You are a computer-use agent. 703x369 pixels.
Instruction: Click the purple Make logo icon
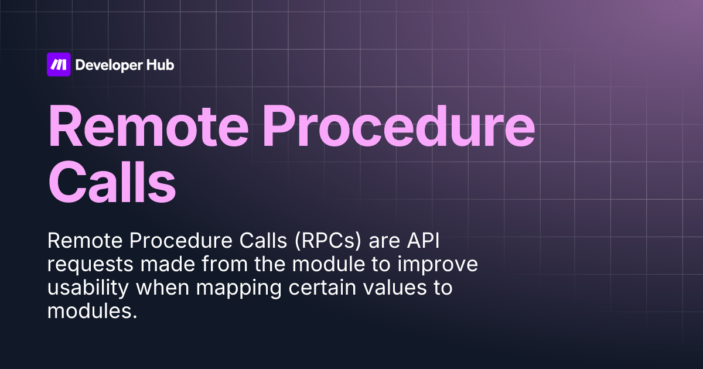click(59, 65)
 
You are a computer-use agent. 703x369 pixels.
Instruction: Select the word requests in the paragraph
click(91, 265)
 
